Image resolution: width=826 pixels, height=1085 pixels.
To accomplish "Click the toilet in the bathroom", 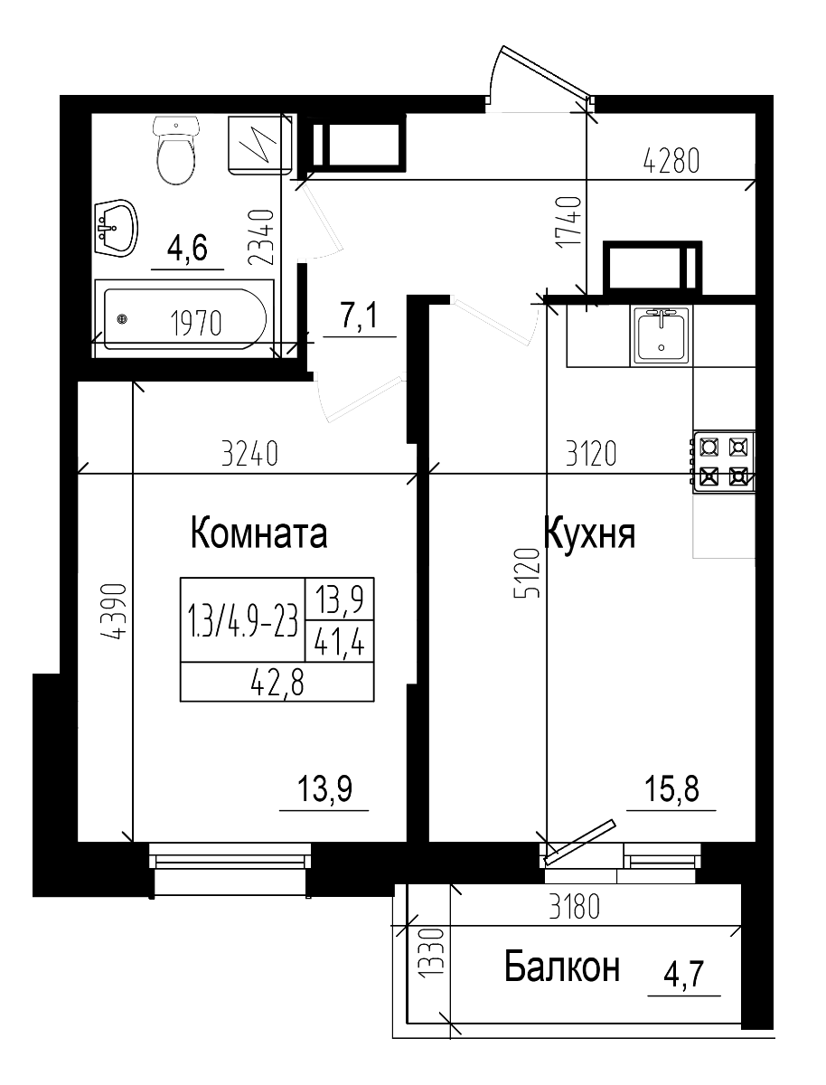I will pos(175,151).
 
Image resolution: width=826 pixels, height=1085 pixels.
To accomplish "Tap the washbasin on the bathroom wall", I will pos(116,227).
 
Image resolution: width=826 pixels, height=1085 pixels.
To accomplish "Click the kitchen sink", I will pos(662,334).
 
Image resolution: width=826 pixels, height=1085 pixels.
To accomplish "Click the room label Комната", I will pos(258,533).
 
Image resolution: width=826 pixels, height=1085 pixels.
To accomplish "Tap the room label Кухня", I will pos(589,533).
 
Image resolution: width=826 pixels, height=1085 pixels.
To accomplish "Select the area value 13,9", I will pos(324,790).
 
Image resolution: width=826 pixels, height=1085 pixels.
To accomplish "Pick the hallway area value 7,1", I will pos(359,317).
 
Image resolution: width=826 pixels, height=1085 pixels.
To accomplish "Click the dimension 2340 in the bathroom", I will pos(261,237).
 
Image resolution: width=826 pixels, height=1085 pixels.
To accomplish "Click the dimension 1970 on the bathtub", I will pos(195,323).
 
